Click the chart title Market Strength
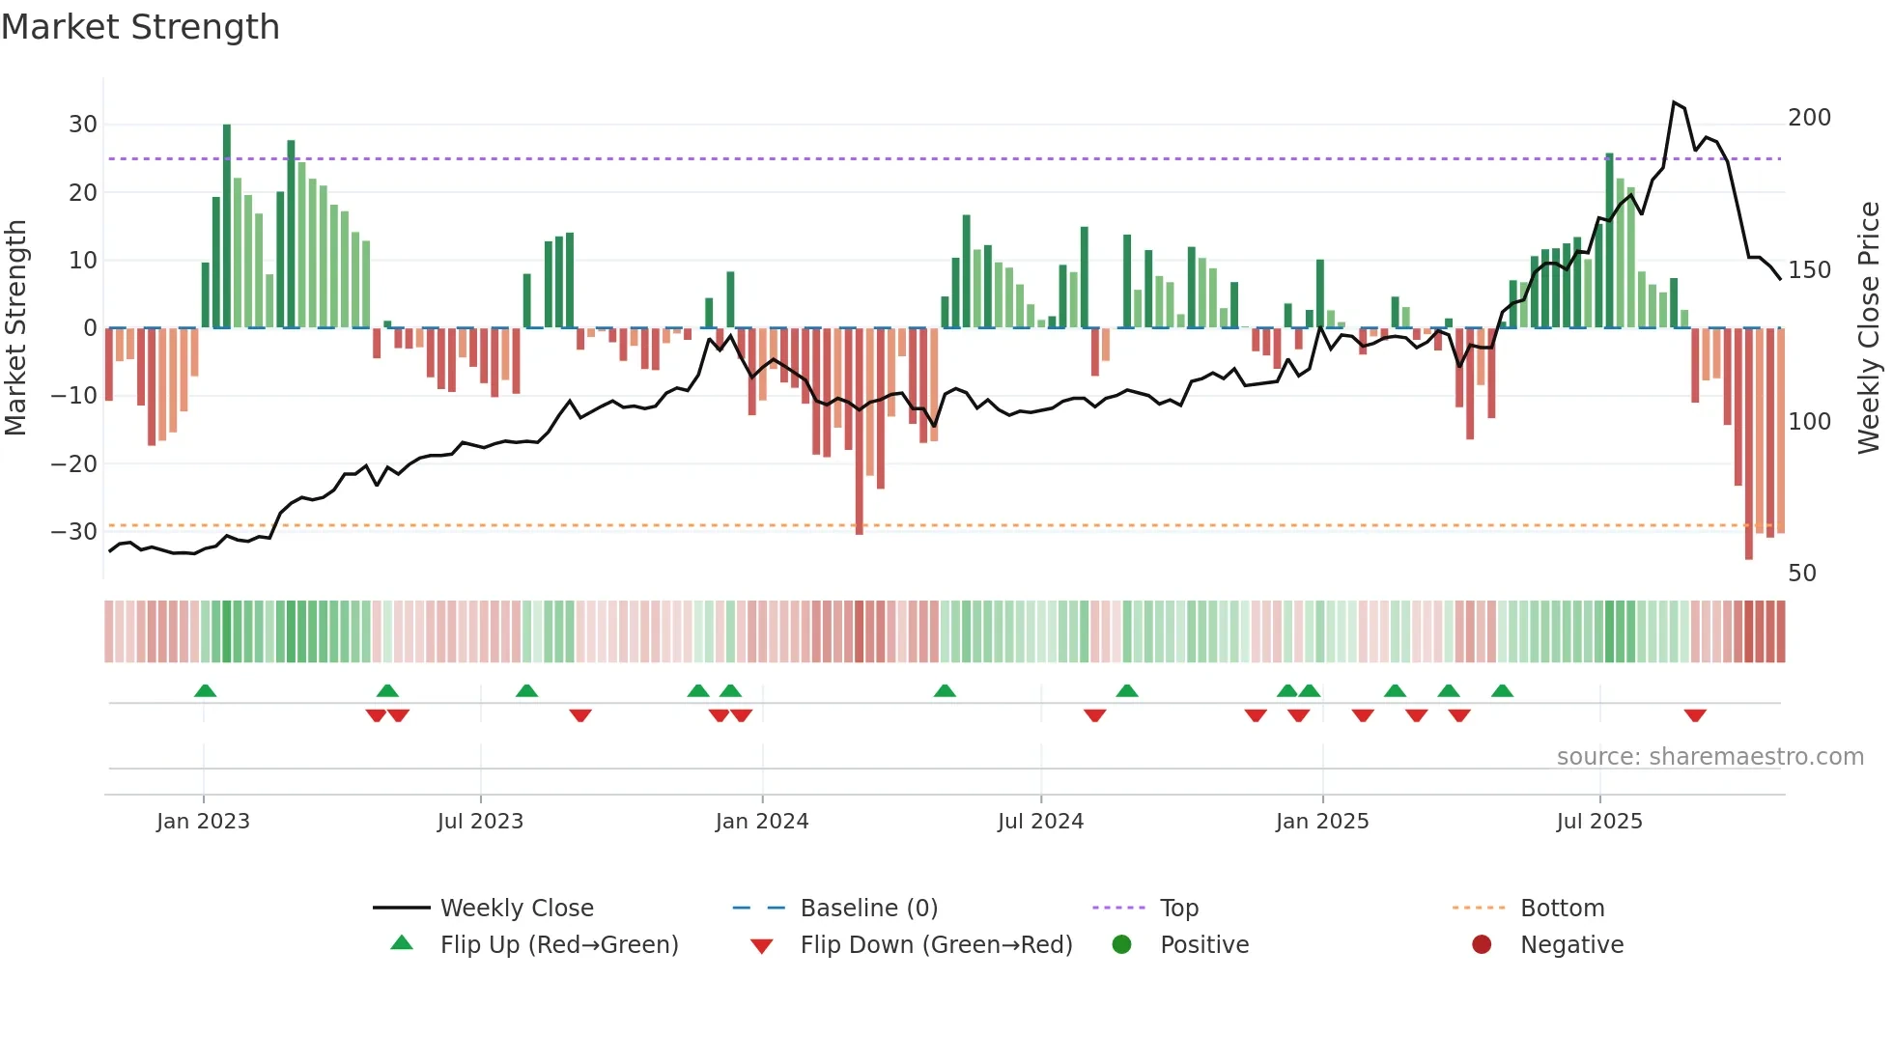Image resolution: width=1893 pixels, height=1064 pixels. click(x=140, y=27)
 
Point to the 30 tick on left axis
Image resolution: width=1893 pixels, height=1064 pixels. click(x=82, y=125)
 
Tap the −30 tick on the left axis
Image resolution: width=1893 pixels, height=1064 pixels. click(x=74, y=532)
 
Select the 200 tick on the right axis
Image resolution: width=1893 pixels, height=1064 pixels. click(x=1809, y=118)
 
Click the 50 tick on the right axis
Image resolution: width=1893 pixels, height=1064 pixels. click(x=1801, y=574)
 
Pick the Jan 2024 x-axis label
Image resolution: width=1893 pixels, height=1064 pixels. click(x=761, y=822)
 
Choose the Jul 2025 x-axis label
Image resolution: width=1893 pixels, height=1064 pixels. click(x=1598, y=822)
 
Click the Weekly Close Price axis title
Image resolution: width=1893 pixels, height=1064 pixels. click(x=1869, y=328)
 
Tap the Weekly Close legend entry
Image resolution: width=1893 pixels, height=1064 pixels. click(x=516, y=909)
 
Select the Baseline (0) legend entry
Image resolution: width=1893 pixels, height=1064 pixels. click(x=868, y=909)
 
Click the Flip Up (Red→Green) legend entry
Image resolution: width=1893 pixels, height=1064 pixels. click(x=558, y=945)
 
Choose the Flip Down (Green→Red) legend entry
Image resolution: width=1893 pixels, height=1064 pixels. click(x=935, y=945)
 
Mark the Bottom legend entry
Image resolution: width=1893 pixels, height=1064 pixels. click(x=1561, y=909)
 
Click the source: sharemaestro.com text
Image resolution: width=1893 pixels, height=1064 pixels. click(x=1709, y=757)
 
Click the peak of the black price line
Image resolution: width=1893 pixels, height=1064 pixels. click(x=1674, y=102)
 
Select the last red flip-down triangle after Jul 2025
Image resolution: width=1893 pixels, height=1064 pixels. click(x=1694, y=715)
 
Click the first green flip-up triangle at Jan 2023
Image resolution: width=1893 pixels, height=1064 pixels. click(x=205, y=690)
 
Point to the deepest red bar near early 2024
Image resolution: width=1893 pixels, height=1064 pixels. click(x=859, y=434)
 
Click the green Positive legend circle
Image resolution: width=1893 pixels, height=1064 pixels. click(x=1121, y=945)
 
